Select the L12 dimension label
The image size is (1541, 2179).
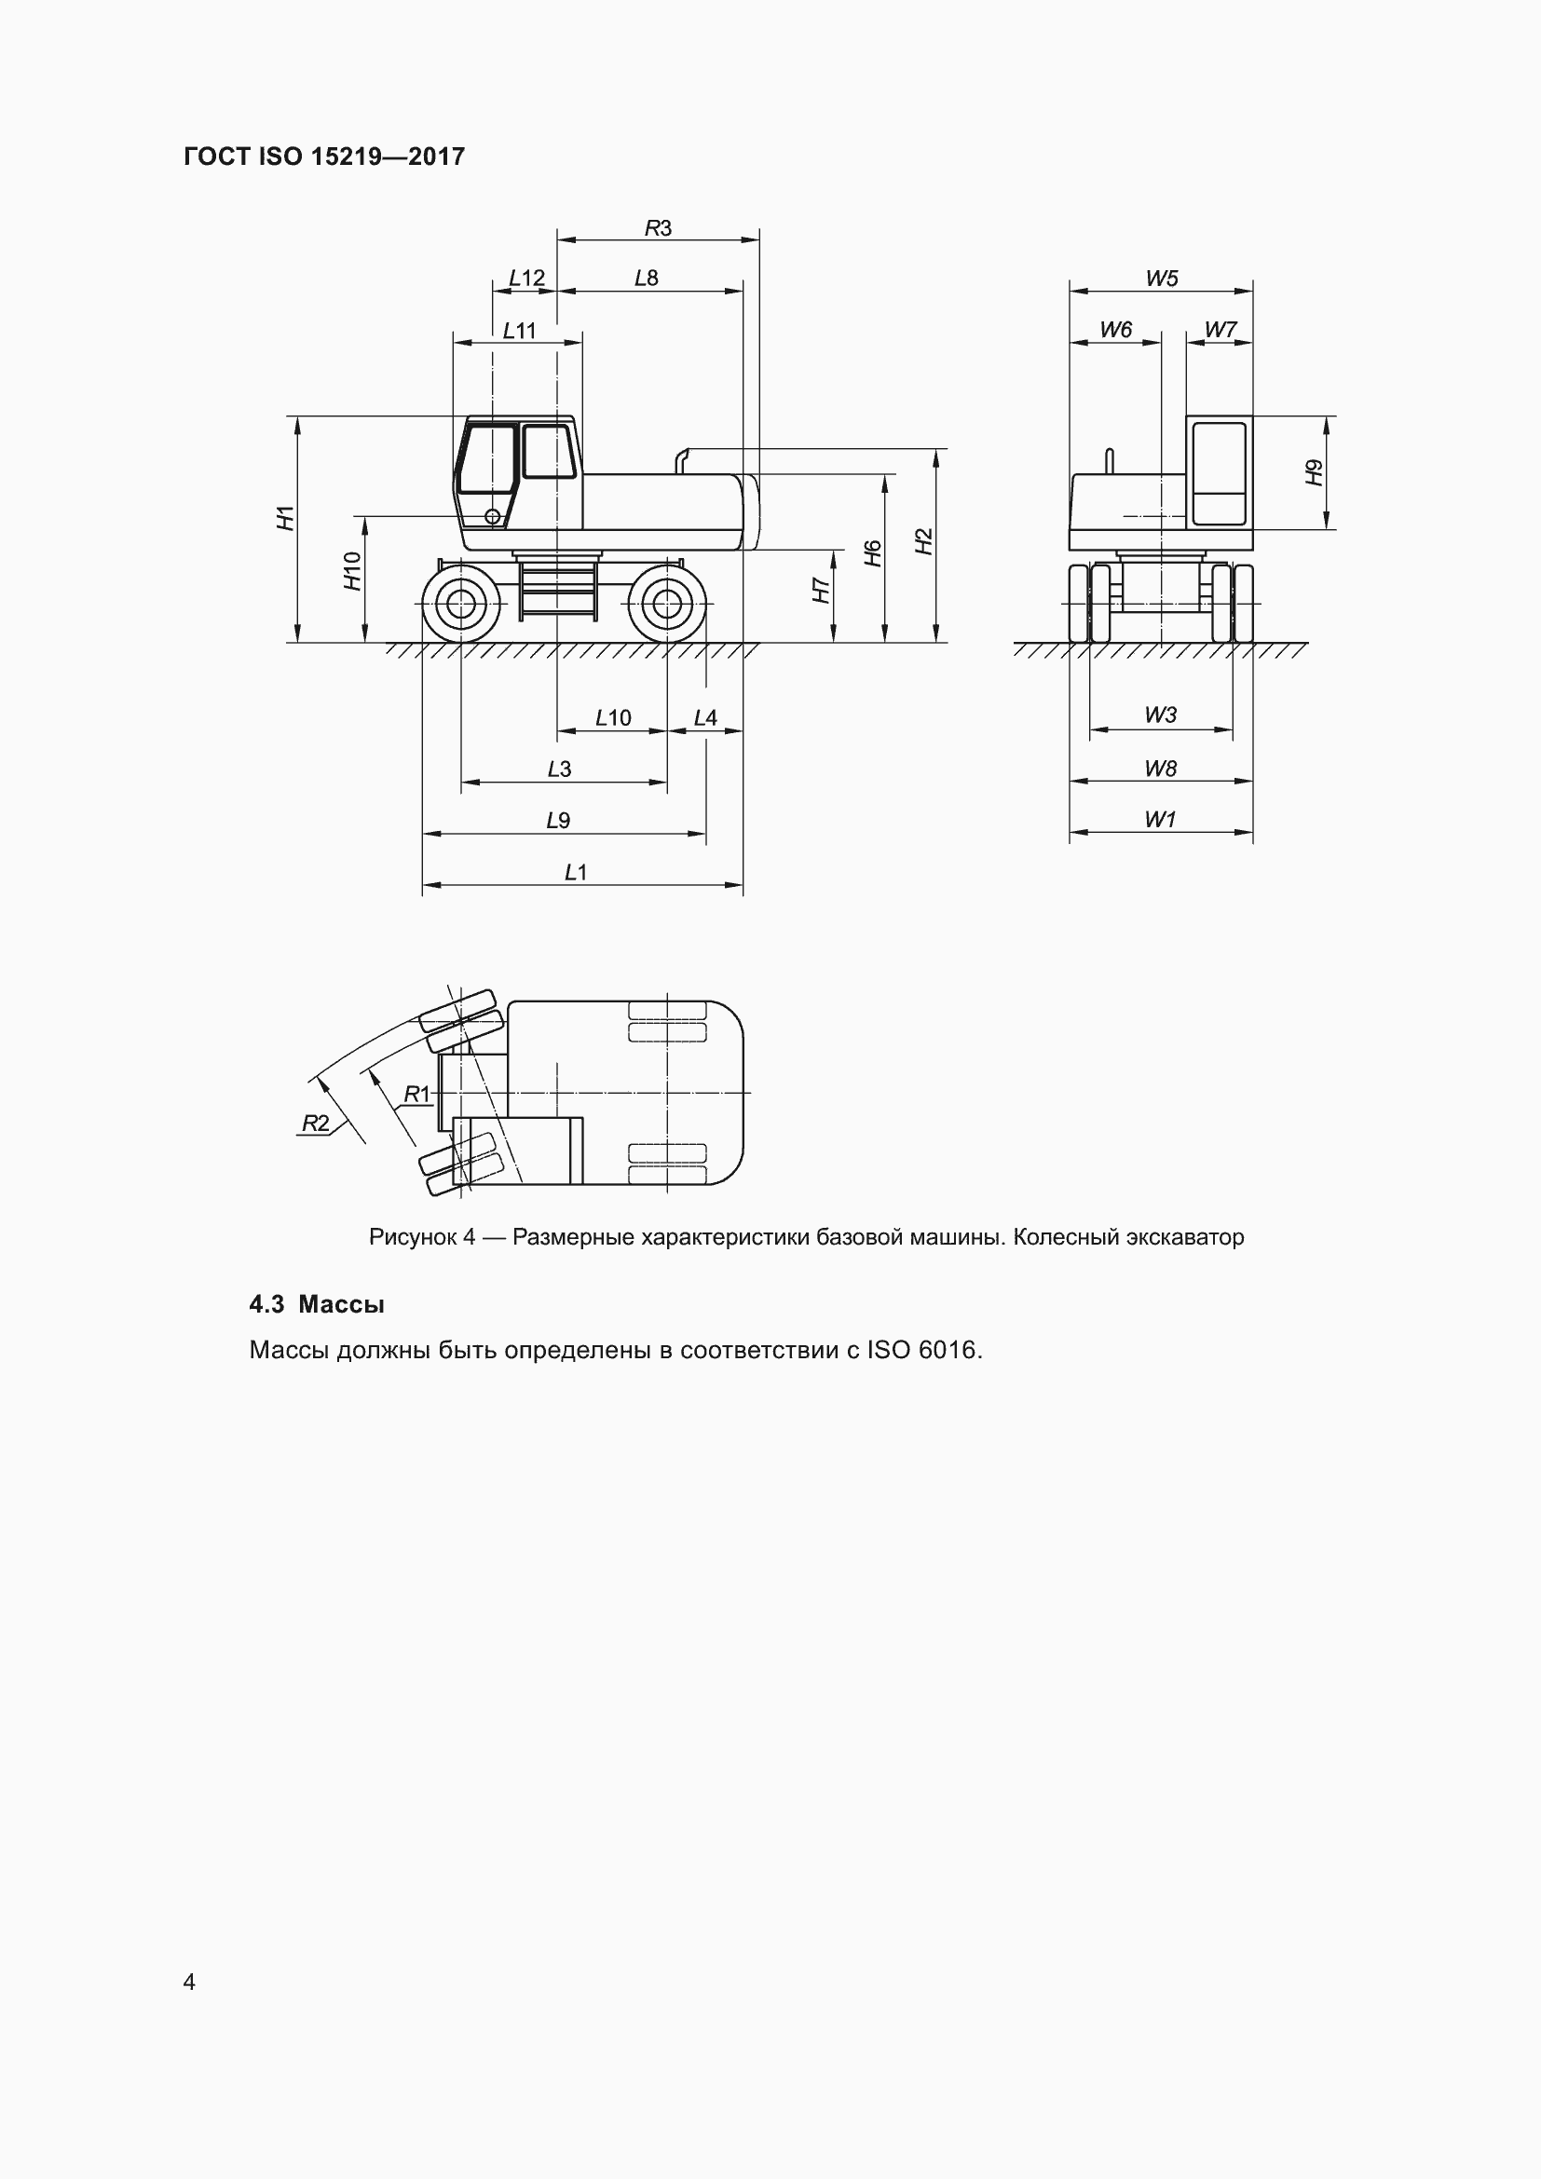[x=526, y=278]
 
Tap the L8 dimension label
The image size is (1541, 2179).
[x=647, y=278]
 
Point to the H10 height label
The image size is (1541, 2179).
[x=353, y=570]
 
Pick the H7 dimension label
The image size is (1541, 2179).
[x=822, y=591]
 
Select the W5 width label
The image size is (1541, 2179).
[x=1162, y=278]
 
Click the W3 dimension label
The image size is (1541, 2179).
[x=1160, y=715]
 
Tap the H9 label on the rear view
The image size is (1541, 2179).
[x=1315, y=472]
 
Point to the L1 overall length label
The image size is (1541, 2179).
[x=576, y=872]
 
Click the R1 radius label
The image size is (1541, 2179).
[x=417, y=1095]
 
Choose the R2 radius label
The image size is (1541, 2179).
[x=315, y=1124]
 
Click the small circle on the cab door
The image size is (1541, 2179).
[x=493, y=516]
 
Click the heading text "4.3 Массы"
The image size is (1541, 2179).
[x=316, y=1304]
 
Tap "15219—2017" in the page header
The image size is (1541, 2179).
[x=389, y=157]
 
